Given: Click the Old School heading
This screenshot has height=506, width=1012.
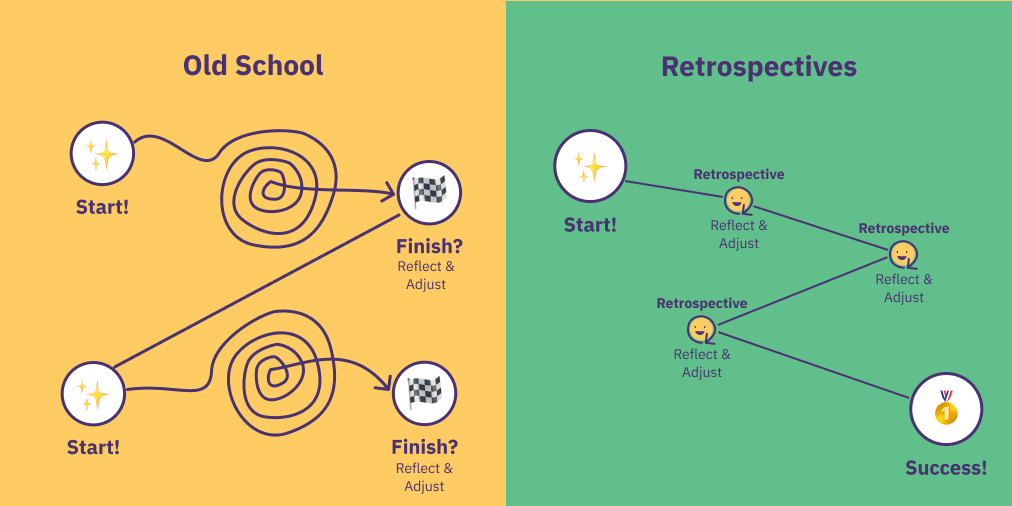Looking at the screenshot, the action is pyautogui.click(x=253, y=66).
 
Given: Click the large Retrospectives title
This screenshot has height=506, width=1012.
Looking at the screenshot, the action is pyautogui.click(x=759, y=67).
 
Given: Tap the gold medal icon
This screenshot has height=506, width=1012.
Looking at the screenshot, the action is pyautogui.click(x=946, y=408).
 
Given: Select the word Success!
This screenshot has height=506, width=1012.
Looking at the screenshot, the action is pyautogui.click(x=946, y=468).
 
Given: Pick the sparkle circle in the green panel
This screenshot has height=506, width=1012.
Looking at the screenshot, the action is pyautogui.click(x=590, y=166).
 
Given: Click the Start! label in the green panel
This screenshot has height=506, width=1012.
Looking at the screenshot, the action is pyautogui.click(x=590, y=225).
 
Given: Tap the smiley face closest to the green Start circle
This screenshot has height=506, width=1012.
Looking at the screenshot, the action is pyautogui.click(x=738, y=201).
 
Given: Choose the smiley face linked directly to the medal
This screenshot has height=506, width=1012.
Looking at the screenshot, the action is pyautogui.click(x=702, y=329).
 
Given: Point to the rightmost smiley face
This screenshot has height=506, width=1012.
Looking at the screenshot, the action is pyautogui.click(x=903, y=254).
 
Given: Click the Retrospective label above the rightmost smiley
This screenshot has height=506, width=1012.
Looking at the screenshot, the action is pyautogui.click(x=904, y=228).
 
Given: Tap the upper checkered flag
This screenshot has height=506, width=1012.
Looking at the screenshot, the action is pyautogui.click(x=429, y=192).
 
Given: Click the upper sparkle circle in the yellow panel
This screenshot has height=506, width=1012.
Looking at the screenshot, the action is pyautogui.click(x=102, y=154).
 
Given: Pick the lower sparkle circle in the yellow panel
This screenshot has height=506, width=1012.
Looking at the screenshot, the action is pyautogui.click(x=94, y=394).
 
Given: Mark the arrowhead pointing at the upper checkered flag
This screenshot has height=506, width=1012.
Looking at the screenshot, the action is pyautogui.click(x=389, y=191).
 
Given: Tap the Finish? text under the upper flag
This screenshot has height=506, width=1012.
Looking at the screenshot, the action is pyautogui.click(x=429, y=247).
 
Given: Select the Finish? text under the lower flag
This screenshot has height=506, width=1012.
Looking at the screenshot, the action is pyautogui.click(x=425, y=447).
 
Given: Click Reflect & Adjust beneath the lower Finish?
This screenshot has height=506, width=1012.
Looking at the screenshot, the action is pyautogui.click(x=425, y=478).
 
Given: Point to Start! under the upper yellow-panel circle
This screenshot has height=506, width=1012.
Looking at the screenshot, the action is pyautogui.click(x=102, y=208).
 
